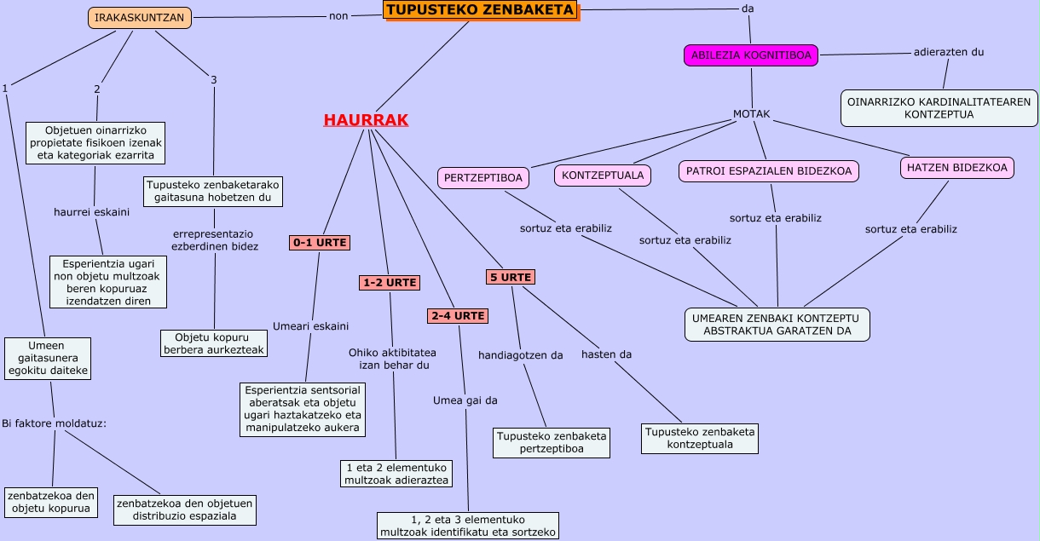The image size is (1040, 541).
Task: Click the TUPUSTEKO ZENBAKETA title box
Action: pyautogui.click(x=480, y=10)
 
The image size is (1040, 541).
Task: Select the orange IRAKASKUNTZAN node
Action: pyautogui.click(x=140, y=17)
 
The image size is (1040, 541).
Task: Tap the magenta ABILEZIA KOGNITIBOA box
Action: pyautogui.click(x=751, y=55)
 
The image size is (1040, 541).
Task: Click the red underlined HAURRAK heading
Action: pyautogui.click(x=366, y=120)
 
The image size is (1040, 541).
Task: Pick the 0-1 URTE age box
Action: pyautogui.click(x=320, y=242)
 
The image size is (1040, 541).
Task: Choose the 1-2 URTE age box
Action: pyautogui.click(x=390, y=282)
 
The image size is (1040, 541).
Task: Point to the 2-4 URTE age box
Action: pyautogui.click(x=458, y=315)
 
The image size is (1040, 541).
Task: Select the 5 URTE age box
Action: pyautogui.click(x=511, y=277)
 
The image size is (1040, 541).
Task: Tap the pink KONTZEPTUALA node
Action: pyautogui.click(x=604, y=175)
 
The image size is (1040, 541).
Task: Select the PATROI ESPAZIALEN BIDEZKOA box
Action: pyautogui.click(x=769, y=170)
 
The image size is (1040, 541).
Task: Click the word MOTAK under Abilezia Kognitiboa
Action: pyautogui.click(x=752, y=114)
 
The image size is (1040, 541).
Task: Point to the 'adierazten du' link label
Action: pyautogui.click(x=949, y=52)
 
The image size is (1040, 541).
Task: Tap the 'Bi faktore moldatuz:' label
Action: pyautogui.click(x=54, y=423)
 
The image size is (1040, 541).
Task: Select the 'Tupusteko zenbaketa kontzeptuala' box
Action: pyautogui.click(x=700, y=438)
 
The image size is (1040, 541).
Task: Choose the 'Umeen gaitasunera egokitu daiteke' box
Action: pyautogui.click(x=48, y=358)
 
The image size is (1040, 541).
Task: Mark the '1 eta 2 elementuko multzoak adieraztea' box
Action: pyautogui.click(x=396, y=474)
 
